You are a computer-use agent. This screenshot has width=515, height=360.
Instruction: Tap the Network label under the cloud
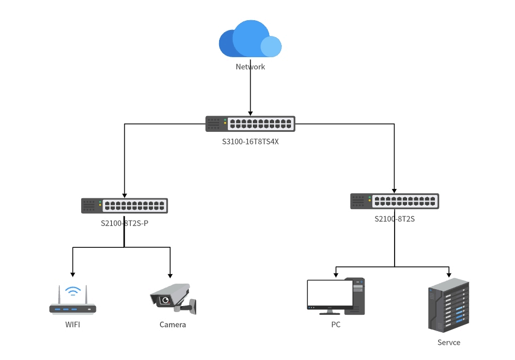click(x=250, y=67)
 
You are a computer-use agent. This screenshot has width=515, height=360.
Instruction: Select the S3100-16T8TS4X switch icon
click(x=250, y=124)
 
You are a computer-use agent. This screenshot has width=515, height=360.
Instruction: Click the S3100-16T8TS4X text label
click(x=250, y=141)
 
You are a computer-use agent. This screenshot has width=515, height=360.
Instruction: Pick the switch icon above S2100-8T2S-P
click(x=124, y=206)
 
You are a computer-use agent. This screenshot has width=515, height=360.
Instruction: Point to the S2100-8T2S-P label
click(x=124, y=223)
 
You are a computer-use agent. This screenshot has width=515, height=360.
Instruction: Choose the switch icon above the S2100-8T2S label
click(x=395, y=202)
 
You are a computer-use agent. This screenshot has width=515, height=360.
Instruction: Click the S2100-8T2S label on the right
click(x=395, y=219)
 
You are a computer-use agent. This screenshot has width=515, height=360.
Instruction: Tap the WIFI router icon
click(x=72, y=303)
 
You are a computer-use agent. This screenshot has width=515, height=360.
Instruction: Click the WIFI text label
click(x=72, y=325)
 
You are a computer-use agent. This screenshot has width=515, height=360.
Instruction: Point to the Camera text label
click(x=173, y=325)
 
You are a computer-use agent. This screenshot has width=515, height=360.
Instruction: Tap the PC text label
click(x=336, y=325)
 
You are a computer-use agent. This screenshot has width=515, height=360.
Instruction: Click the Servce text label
click(x=449, y=343)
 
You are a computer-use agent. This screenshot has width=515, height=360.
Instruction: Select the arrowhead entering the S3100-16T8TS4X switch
click(x=250, y=113)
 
